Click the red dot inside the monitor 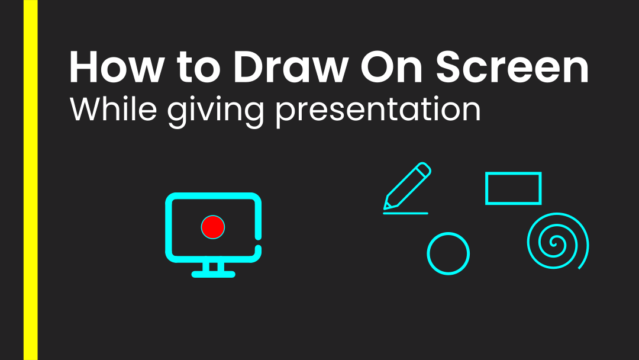[x=213, y=227]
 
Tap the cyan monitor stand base [x=214, y=274]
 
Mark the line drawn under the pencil [x=405, y=213]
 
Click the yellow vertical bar [x=31, y=180]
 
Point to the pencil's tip [x=386, y=207]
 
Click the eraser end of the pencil [x=425, y=169]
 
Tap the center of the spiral [x=555, y=242]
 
